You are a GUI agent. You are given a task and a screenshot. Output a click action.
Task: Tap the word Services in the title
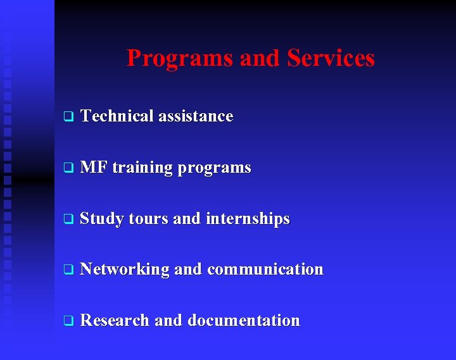click(331, 58)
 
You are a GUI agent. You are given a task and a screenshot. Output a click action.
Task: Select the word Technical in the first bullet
click(117, 116)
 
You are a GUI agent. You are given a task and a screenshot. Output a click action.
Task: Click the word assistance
click(196, 116)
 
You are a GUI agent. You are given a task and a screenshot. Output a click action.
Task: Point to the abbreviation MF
click(94, 168)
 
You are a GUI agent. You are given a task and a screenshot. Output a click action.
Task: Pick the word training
click(142, 168)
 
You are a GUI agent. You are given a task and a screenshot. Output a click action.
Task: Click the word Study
click(102, 220)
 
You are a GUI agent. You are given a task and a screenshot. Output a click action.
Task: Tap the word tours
click(149, 219)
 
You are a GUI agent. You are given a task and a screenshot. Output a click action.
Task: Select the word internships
click(248, 220)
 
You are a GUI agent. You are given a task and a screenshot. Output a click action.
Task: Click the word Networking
click(125, 270)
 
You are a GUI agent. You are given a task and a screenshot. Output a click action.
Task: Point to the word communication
click(265, 270)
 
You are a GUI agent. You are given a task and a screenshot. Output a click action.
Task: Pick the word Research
click(115, 321)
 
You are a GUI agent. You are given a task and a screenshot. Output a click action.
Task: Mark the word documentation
click(244, 321)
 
